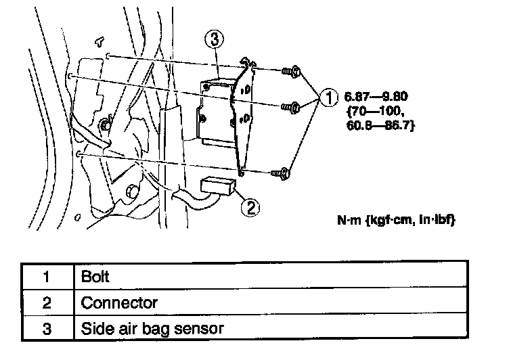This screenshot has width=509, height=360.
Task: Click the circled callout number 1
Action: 328,99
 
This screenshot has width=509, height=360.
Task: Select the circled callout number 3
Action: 215,40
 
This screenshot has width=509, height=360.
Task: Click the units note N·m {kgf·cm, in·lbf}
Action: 397,221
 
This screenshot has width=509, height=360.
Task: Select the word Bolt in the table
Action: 95,277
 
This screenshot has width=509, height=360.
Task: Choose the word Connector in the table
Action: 119,302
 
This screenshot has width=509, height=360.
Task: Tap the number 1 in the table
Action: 46,277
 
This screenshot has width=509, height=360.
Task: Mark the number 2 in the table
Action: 46,302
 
